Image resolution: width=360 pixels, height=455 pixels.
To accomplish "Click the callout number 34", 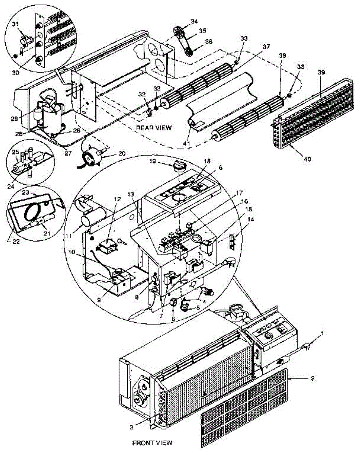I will (x=194, y=21).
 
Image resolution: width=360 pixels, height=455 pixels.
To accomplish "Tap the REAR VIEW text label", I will (x=154, y=128).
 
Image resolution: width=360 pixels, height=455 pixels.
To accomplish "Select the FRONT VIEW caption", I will (x=152, y=442).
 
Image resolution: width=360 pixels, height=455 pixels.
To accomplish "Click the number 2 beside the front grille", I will (x=312, y=378).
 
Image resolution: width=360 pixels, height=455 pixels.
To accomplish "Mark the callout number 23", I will (x=25, y=193).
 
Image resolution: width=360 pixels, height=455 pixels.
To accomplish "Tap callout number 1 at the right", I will (x=322, y=333).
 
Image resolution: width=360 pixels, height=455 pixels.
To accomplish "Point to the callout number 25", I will (x=15, y=152).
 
